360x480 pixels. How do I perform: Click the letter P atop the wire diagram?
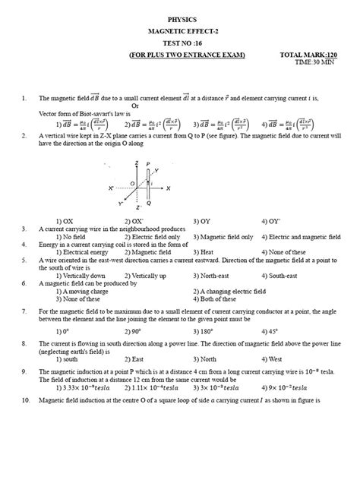[x=149, y=163]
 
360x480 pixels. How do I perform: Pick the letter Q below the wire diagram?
[x=149, y=204]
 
